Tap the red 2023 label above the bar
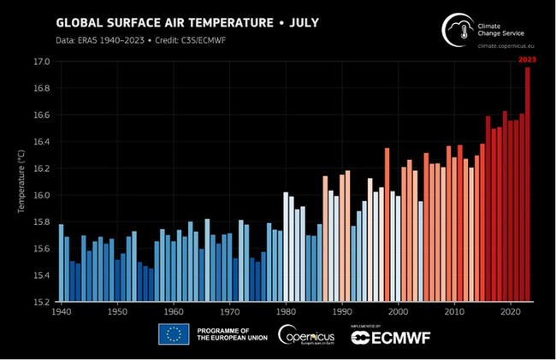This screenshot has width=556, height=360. click(x=527, y=59)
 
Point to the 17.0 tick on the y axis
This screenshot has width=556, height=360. click(x=42, y=62)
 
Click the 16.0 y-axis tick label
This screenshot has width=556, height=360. click(x=42, y=195)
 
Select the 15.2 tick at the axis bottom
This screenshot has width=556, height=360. click(x=42, y=301)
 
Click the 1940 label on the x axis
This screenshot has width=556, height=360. click(x=61, y=312)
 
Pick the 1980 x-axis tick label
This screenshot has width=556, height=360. click(x=286, y=312)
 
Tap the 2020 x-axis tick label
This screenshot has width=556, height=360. click(x=511, y=312)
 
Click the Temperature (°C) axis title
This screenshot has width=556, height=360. click(x=21, y=181)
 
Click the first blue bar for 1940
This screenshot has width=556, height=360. click(x=61, y=263)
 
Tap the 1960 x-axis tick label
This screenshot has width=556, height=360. click(x=174, y=312)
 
